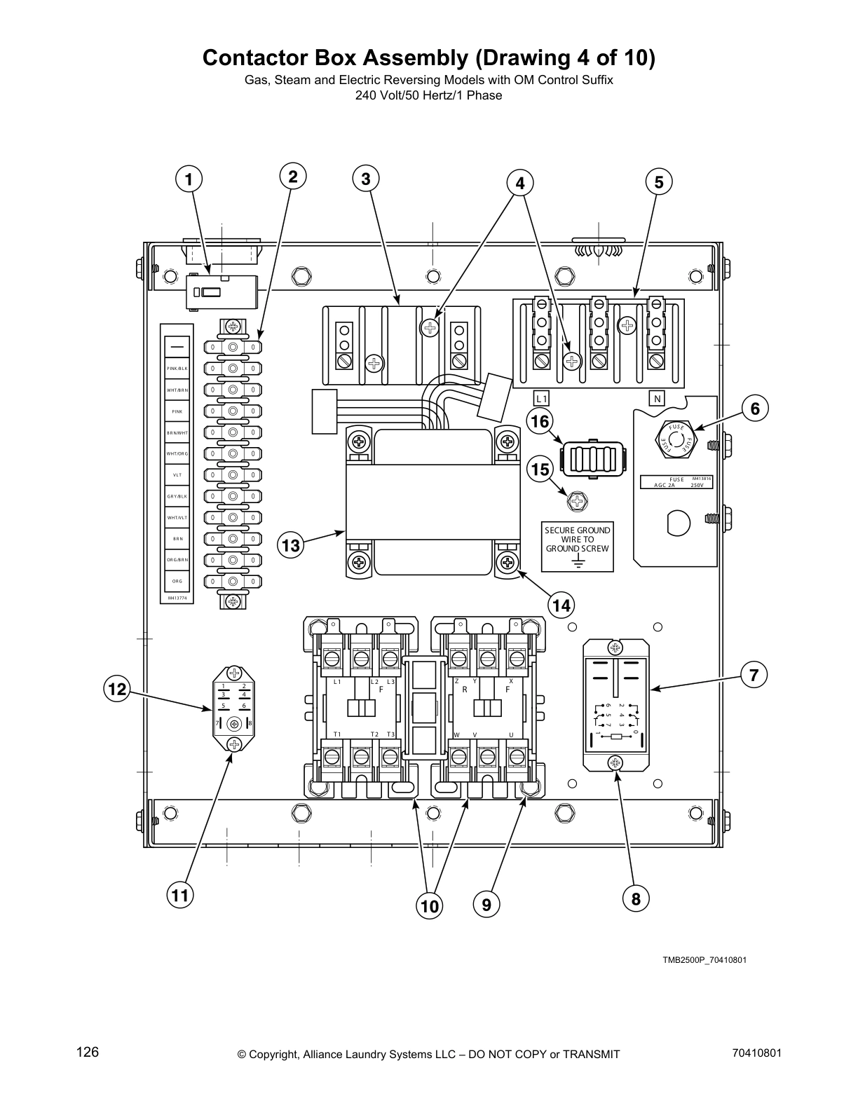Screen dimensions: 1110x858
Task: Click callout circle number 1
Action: (189, 179)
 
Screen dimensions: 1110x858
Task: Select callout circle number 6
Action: (755, 408)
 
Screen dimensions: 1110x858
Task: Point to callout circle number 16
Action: (540, 421)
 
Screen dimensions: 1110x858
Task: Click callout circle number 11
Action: (180, 895)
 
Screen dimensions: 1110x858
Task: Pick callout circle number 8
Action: (636, 898)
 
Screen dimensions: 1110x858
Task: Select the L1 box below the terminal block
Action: (540, 399)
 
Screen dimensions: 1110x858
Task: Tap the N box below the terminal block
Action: (657, 399)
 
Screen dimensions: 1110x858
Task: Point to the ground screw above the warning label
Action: (577, 501)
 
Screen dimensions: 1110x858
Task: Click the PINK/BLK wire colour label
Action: (177, 369)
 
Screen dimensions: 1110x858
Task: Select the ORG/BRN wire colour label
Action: (177, 560)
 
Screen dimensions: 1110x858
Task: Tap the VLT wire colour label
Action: (177, 474)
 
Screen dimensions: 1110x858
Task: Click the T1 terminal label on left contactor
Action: (337, 734)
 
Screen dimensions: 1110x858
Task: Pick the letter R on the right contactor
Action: (464, 690)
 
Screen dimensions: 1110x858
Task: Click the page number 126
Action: (88, 1052)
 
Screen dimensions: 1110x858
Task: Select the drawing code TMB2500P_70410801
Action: (695, 959)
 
